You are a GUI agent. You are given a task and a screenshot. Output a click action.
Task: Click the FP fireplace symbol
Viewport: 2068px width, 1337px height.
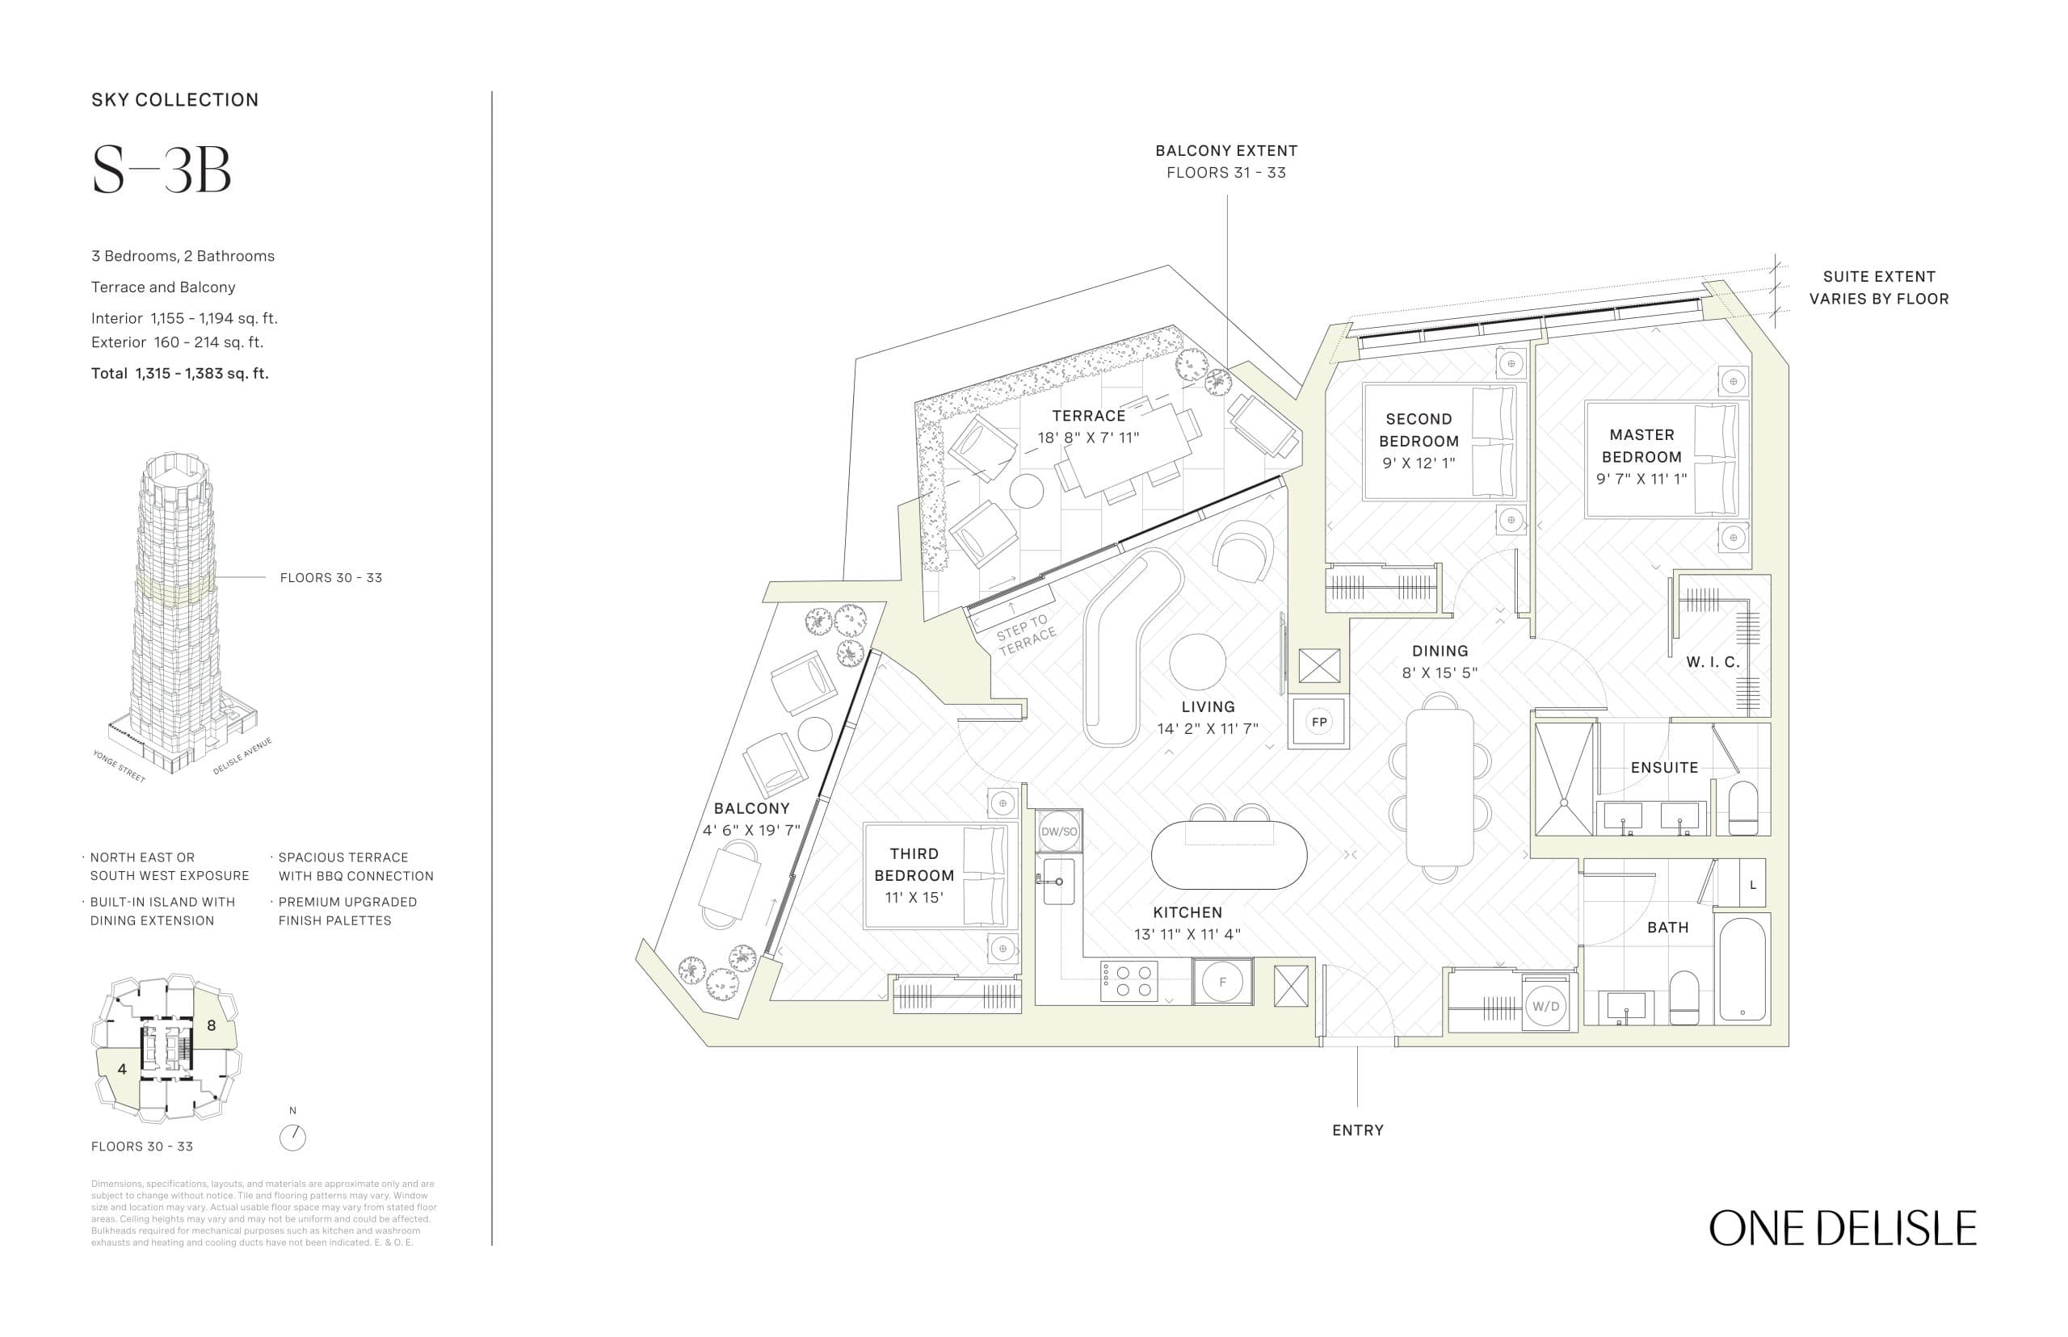[1318, 723]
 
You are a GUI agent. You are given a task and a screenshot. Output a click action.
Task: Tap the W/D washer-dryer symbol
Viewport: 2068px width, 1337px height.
[1546, 1007]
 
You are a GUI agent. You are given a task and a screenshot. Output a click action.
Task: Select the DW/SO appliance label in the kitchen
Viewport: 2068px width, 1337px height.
[1059, 832]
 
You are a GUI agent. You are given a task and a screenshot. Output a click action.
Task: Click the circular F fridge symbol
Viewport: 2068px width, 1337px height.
[1222, 982]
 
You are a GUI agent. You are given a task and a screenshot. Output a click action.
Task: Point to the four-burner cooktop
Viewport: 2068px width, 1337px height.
[1129, 982]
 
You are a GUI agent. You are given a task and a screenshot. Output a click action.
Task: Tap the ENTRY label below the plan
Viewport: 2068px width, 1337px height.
[1358, 1130]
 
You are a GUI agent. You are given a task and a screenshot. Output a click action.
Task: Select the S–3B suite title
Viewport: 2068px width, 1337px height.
[162, 170]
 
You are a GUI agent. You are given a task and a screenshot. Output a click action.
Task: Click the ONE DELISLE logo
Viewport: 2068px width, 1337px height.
[1842, 1229]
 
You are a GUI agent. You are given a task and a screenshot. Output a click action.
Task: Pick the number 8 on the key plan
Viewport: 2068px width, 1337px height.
[211, 1025]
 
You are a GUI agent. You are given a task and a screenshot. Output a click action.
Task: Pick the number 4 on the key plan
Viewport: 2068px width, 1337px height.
[122, 1069]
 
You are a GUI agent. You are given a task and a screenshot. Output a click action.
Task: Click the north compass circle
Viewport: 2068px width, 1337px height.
[292, 1138]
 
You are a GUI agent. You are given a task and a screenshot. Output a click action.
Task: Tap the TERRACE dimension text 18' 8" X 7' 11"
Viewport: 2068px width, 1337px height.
[1087, 438]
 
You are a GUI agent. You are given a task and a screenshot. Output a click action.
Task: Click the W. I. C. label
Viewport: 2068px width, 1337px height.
[1713, 662]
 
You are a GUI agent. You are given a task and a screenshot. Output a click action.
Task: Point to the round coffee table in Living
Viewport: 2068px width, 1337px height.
[1198, 662]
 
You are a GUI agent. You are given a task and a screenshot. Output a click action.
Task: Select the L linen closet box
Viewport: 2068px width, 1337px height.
[1753, 885]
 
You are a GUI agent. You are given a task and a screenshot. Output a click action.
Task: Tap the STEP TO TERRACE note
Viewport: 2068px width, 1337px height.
[1026, 634]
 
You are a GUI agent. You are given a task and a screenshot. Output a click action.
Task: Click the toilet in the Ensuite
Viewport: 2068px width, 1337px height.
[1742, 809]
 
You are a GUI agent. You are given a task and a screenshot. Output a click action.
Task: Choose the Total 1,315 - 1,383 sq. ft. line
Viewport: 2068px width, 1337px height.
[180, 374]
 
